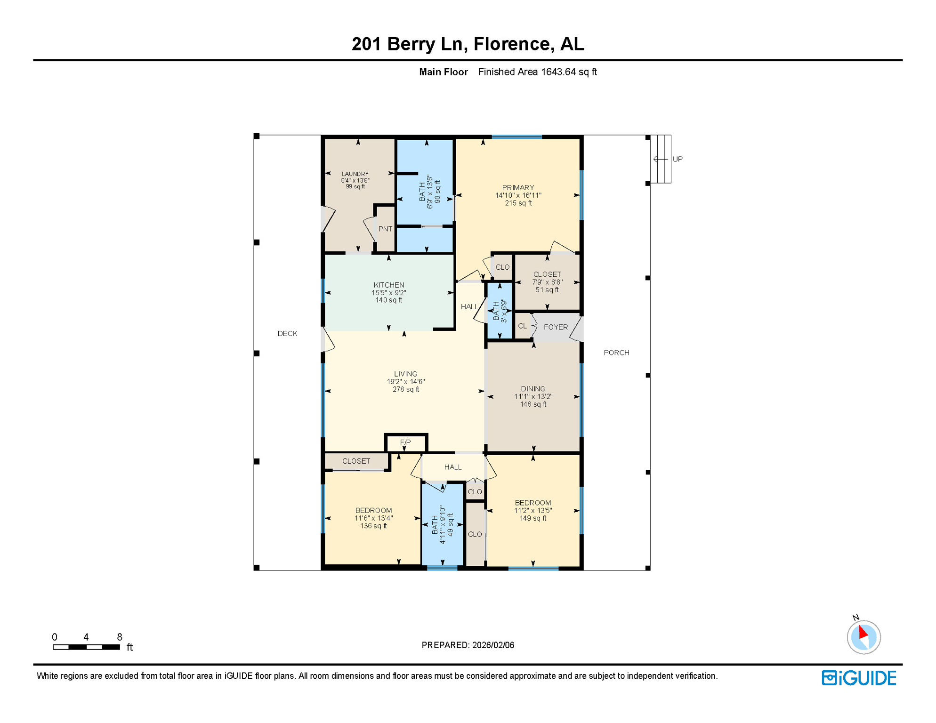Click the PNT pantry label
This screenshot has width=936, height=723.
coord(385,229)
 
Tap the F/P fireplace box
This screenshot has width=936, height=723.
coord(405,442)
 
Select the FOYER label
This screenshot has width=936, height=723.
coord(556,327)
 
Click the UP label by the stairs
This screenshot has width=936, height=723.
coord(677,159)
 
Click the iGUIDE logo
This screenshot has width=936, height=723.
coord(859,678)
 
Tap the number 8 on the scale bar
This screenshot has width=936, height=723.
coord(120,637)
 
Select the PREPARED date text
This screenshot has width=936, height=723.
coord(468,645)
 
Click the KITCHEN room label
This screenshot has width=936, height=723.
coord(388,285)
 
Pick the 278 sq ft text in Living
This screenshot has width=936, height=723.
coord(405,389)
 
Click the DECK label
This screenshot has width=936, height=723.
coord(287,333)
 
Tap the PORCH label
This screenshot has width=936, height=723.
coord(616,353)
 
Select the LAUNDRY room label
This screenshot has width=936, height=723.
coord(355,174)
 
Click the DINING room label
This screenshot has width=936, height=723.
coord(533,389)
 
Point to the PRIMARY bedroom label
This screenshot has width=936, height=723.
coord(518,187)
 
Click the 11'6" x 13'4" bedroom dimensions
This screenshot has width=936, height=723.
coord(373,518)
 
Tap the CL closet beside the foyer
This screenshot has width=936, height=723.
coord(522,326)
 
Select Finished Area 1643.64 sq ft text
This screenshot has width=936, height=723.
coord(537,72)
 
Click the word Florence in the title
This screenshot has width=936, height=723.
coord(511,44)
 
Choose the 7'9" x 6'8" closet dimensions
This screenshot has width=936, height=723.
coord(547,282)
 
